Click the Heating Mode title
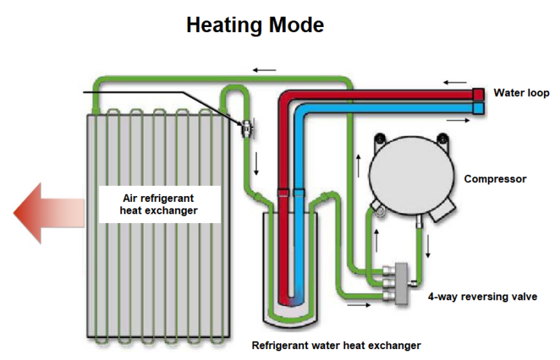254,25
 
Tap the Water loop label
521,93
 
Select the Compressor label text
495,179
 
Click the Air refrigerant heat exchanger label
159,203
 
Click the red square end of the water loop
478,94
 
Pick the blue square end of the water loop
478,108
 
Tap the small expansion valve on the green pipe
247,128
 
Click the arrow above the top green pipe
265,70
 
